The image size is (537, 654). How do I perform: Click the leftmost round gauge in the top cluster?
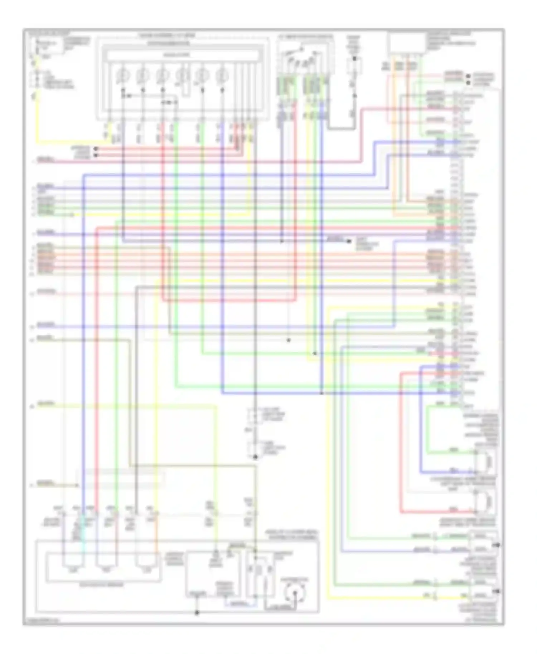pyautogui.click(x=123, y=75)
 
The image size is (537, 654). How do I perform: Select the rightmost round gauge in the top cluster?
pyautogui.click(x=222, y=75)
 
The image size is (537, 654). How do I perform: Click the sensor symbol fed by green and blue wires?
pyautogui.click(x=487, y=462)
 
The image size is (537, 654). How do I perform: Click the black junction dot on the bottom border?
pyautogui.click(x=197, y=612)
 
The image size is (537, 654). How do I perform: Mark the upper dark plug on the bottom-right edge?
pyautogui.click(x=498, y=545)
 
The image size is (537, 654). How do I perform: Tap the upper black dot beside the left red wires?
pyautogui.click(x=95, y=148)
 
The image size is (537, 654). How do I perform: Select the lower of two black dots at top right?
pyautogui.click(x=468, y=83)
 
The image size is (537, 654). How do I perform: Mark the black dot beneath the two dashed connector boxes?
pyautogui.click(x=255, y=457)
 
